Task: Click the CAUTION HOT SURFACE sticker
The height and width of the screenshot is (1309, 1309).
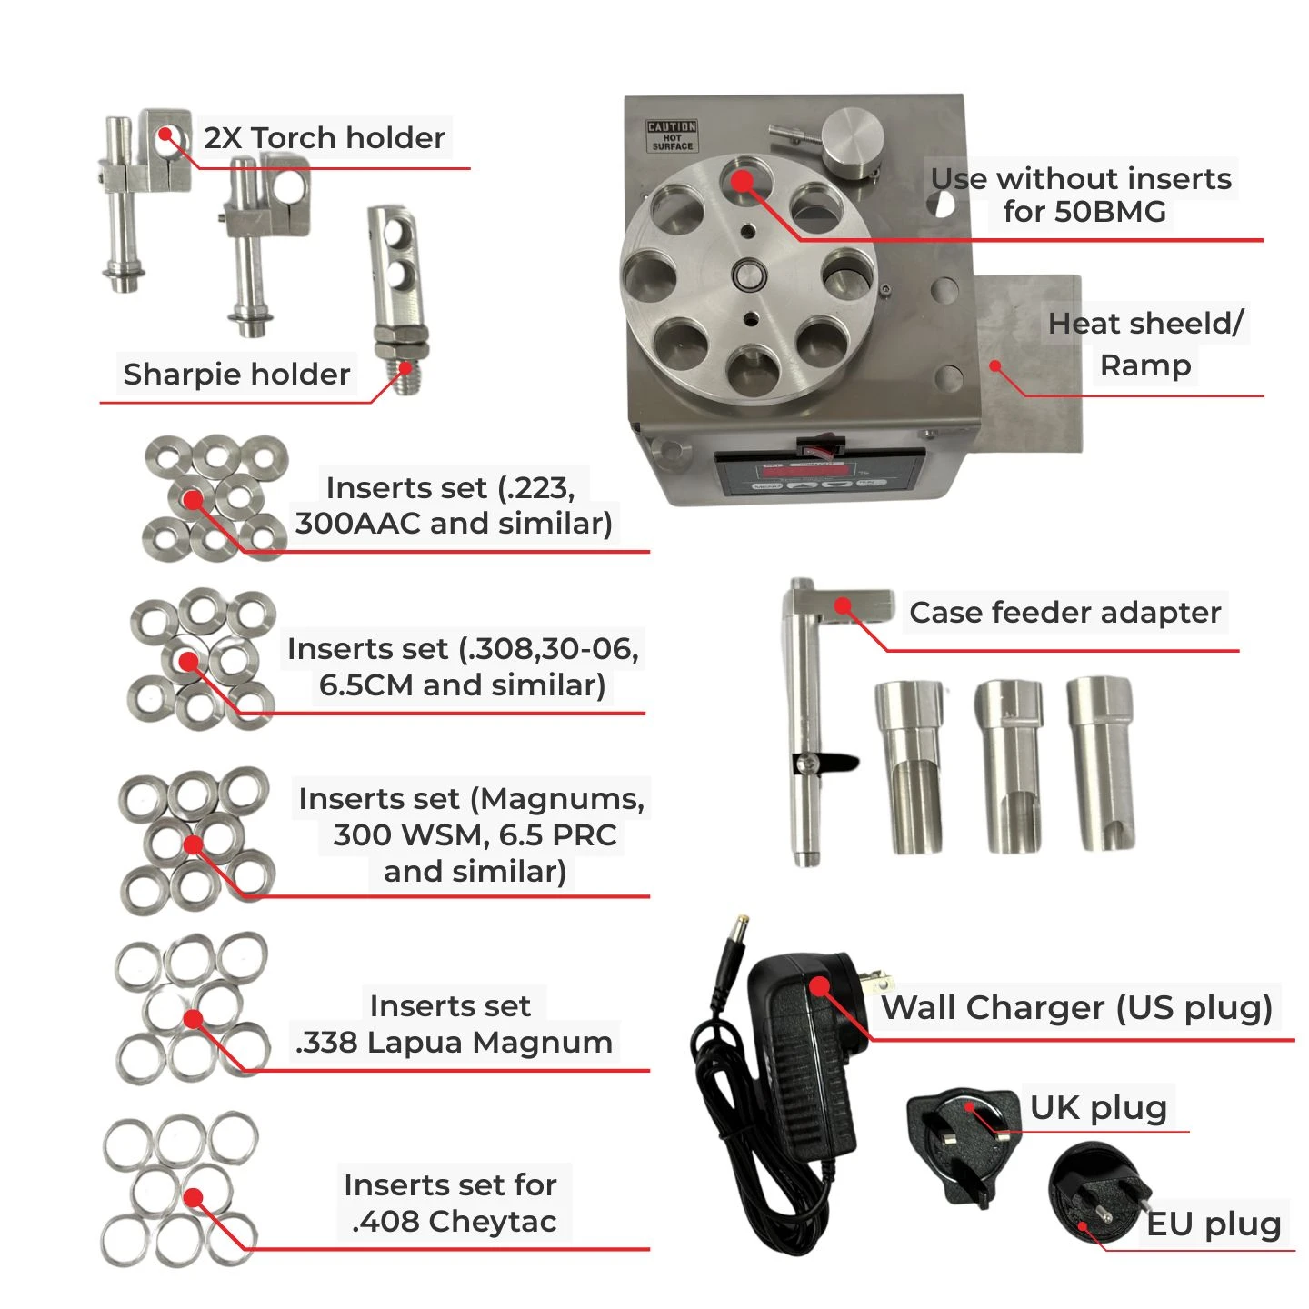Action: [671, 135]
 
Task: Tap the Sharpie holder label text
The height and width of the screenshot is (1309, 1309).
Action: [236, 375]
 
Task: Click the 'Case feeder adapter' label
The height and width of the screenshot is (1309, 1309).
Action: [1065, 613]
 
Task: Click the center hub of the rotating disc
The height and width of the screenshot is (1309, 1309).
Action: [749, 276]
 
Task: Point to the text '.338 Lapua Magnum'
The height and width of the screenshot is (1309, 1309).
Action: [454, 1043]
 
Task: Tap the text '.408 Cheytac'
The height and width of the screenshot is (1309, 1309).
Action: [455, 1222]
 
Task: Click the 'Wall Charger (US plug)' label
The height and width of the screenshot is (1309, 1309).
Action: [1076, 1008]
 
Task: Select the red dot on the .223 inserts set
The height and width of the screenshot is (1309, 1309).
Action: [194, 499]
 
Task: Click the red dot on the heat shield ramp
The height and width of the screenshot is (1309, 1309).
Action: [995, 366]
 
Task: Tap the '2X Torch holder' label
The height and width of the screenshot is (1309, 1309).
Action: [325, 138]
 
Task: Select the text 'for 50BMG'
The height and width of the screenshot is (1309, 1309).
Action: [1084, 212]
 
